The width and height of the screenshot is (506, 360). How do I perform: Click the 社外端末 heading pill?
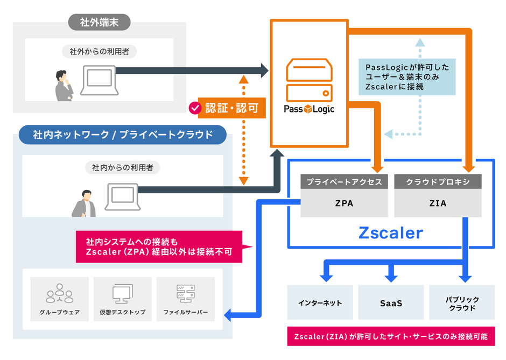[x=100, y=23]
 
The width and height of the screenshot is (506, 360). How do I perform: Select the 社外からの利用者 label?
[x=100, y=52]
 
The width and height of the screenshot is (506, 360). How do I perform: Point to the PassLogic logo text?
[x=309, y=109]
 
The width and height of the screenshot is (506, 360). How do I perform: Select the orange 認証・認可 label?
[x=232, y=108]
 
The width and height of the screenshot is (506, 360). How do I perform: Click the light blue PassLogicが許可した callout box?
[x=407, y=76]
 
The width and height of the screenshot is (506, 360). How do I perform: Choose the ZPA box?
[x=344, y=203]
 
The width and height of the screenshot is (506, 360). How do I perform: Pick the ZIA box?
[x=438, y=203]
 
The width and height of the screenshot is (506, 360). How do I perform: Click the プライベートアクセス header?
[x=344, y=182]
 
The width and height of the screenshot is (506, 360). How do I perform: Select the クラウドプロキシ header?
[x=438, y=182]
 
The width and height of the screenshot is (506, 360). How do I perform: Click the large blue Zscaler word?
[x=391, y=233]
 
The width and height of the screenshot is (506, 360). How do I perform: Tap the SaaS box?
[x=391, y=303]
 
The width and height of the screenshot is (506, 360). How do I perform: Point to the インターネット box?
[x=320, y=303]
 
